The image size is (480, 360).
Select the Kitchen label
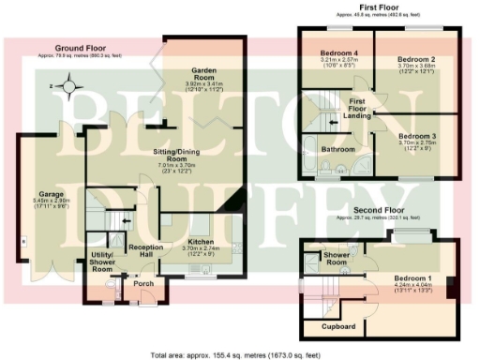point(203,242)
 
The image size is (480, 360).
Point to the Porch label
point(143,283)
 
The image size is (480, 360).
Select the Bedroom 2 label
point(413,59)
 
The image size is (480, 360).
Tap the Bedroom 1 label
point(412,279)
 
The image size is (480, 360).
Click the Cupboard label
point(337,326)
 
